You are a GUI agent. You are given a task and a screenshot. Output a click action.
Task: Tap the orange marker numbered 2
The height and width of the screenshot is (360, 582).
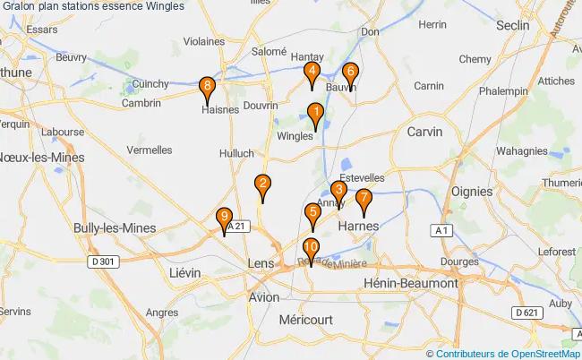click(262, 186)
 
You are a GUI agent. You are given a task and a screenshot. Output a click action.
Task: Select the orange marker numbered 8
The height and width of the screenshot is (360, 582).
click(208, 89)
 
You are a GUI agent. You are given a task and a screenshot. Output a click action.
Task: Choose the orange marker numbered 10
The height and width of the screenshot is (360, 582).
click(311, 250)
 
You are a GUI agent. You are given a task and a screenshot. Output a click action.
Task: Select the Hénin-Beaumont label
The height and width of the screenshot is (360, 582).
click(411, 283)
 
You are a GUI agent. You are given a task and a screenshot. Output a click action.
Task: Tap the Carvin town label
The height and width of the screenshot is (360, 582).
click(424, 131)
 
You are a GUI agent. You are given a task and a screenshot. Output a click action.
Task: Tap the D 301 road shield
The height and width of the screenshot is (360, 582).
click(104, 261)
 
